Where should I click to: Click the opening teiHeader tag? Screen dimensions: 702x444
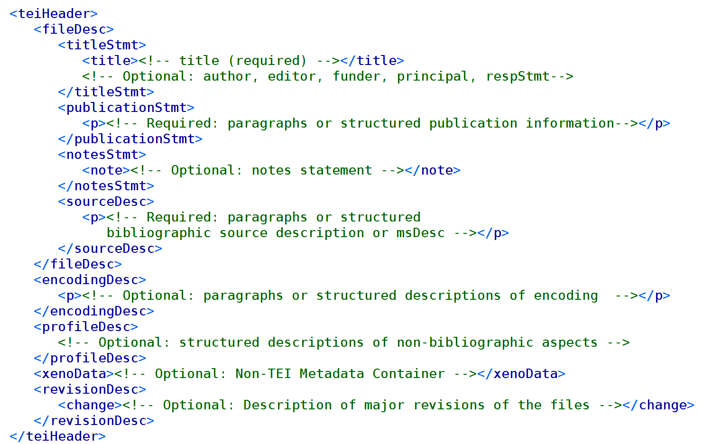pyautogui.click(x=53, y=14)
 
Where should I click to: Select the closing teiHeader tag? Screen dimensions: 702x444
pyautogui.click(x=57, y=436)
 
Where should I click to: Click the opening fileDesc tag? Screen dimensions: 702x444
pyautogui.click(x=74, y=29)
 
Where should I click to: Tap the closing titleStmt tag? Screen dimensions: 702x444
pyautogui.click(x=106, y=92)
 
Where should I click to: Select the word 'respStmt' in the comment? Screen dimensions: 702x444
pyautogui.click(x=517, y=76)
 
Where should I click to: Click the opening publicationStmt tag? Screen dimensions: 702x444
pyautogui.click(x=126, y=108)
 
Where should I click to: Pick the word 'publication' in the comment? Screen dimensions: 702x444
pyautogui.click(x=473, y=123)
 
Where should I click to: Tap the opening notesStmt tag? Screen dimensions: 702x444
pyautogui.click(x=102, y=155)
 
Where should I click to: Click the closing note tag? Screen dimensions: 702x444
pyautogui.click(x=433, y=170)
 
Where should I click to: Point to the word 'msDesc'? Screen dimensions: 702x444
pyautogui.click(x=420, y=233)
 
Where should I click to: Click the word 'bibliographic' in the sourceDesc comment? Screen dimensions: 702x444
pyautogui.click(x=158, y=233)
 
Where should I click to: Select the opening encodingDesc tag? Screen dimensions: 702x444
pyautogui.click(x=90, y=280)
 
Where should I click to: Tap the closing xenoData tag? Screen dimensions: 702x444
pyautogui.click(x=521, y=374)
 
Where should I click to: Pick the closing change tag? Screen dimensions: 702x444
pyautogui.click(x=658, y=405)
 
